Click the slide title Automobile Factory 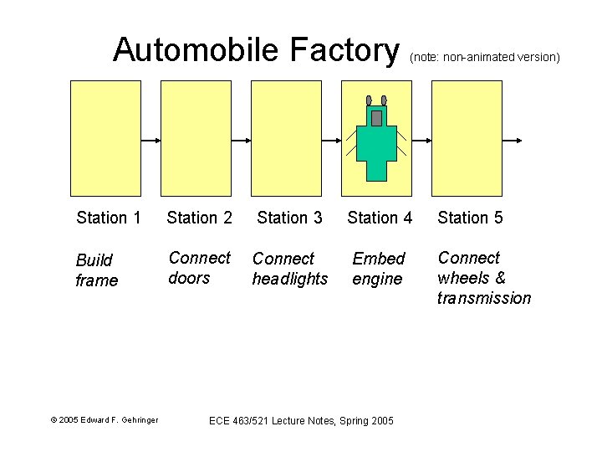click(x=257, y=50)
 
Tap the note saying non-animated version click(x=484, y=58)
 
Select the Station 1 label click(x=108, y=218)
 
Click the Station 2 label click(x=199, y=218)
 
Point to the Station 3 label click(x=289, y=218)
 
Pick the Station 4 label click(x=380, y=218)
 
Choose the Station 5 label click(x=470, y=218)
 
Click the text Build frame click(x=96, y=270)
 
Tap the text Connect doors click(x=199, y=268)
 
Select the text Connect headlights click(x=290, y=269)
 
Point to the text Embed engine click(x=378, y=269)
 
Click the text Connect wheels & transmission click(x=483, y=278)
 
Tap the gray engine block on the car click(x=376, y=117)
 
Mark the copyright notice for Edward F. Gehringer click(x=105, y=419)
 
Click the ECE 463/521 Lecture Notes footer click(x=300, y=419)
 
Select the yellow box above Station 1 click(x=105, y=138)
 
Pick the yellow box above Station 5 click(x=467, y=138)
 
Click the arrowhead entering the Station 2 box click(x=156, y=141)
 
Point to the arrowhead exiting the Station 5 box click(x=519, y=141)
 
